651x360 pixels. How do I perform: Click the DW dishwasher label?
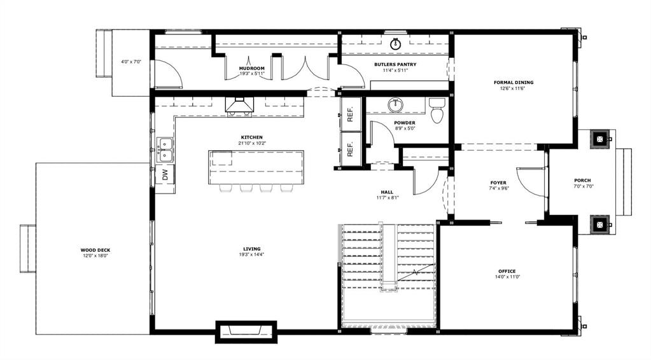[165, 175]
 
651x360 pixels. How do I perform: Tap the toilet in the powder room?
[436, 110]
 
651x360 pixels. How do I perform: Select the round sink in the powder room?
[395, 105]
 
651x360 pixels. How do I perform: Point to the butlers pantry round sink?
[395, 43]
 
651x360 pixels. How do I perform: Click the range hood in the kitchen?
[239, 107]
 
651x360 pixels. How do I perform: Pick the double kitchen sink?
[165, 149]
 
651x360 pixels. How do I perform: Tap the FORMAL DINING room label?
[514, 83]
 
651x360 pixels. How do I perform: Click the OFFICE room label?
[507, 271]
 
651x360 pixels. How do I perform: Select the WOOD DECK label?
[95, 250]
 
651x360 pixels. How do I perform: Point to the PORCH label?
[582, 181]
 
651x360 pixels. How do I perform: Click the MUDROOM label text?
[251, 69]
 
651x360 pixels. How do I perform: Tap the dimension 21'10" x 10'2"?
[252, 143]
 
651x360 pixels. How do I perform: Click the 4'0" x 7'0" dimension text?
[131, 62]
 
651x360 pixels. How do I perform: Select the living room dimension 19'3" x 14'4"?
[252, 254]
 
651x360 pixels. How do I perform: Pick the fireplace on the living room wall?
[246, 332]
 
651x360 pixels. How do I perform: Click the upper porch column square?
[600, 139]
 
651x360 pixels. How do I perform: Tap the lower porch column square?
[600, 225]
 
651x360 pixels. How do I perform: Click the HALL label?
[387, 192]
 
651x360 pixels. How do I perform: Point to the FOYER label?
[498, 183]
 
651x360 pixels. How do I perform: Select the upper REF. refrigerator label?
[350, 114]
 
